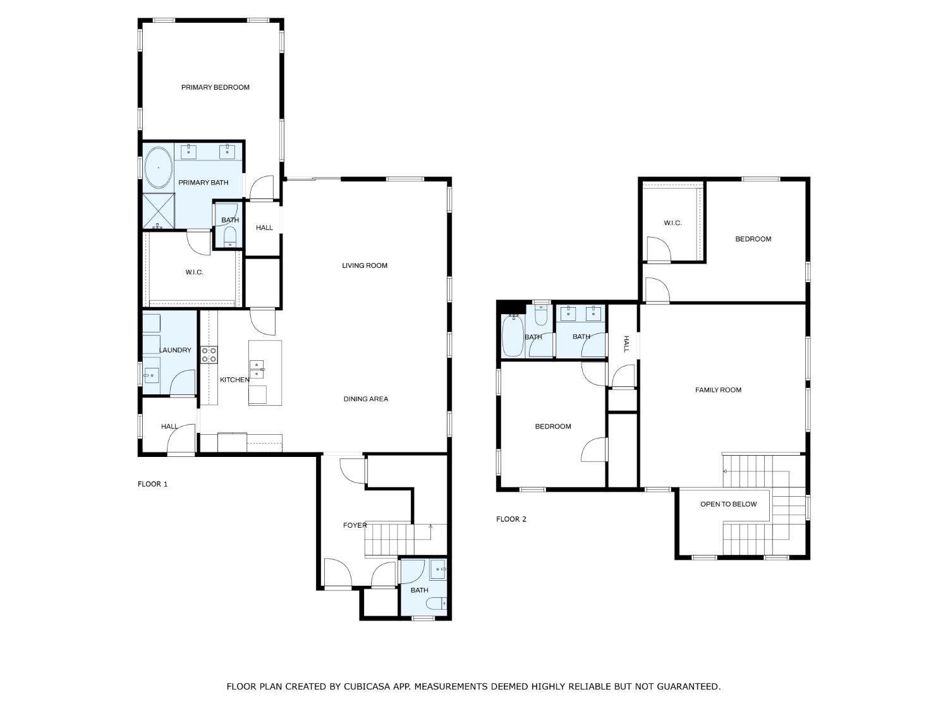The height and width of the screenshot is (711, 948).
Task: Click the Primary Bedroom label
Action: coord(215,87)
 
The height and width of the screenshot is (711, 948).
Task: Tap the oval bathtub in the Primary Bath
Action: coord(159,167)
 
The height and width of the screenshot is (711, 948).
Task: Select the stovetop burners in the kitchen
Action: coord(209,355)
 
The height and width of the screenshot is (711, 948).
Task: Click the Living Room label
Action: coord(365,265)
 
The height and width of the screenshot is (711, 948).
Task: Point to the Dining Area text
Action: coord(366,399)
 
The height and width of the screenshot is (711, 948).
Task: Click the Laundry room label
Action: coord(175,350)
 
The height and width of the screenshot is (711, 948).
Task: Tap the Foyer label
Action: coord(355,525)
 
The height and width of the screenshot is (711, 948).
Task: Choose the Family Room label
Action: coord(718,390)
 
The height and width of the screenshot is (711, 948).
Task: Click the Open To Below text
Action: coord(729,504)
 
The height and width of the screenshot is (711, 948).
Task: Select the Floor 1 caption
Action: coord(152,484)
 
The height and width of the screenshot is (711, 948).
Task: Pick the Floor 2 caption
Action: coord(511,519)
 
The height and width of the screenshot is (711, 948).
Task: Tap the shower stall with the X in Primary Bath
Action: coord(159,211)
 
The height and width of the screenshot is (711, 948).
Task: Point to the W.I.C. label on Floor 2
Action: coord(672,222)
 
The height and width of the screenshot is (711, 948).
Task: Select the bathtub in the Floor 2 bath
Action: coord(513,336)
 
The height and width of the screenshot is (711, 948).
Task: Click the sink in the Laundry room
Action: coord(151,375)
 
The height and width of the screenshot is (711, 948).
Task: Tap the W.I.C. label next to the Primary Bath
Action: coord(195,272)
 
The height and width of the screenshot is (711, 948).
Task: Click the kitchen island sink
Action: coord(257,370)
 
